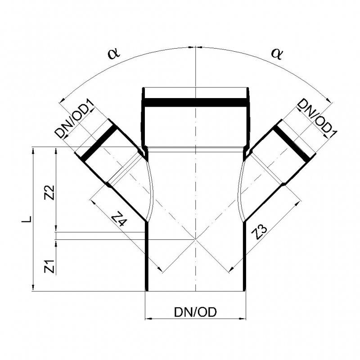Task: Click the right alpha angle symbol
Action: [277, 54]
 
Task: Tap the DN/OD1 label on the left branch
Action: [74, 119]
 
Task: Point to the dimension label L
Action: [27, 219]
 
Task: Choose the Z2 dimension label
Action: [50, 193]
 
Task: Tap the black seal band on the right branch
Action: [293, 144]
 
